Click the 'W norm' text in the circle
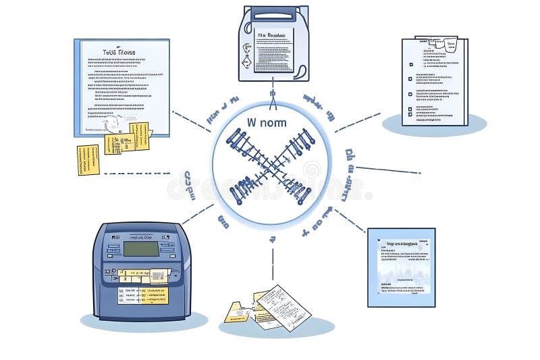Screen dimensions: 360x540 coord(267,124)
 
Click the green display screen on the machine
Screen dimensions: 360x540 coord(140,249)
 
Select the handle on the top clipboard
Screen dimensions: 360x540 coord(273,14)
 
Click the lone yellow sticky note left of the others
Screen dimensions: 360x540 coord(88,159)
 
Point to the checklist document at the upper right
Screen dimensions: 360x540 coord(435,82)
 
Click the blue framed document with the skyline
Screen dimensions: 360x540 coord(401,267)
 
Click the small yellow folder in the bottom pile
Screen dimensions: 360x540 coord(237,312)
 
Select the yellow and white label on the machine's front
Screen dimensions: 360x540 coord(143,286)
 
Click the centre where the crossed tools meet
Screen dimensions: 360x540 coord(271,165)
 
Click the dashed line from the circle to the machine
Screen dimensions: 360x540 coord(197,214)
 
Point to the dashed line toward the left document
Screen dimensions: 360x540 coord(192,122)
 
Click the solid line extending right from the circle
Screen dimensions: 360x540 coord(387,170)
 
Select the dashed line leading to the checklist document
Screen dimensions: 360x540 coord(358,122)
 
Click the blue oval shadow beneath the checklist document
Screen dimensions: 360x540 coord(435,125)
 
